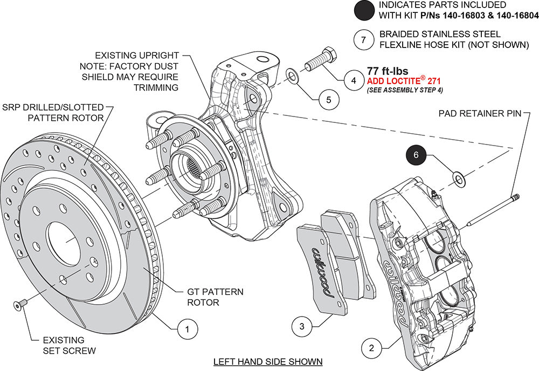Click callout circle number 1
(187, 328)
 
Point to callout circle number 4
(354, 80)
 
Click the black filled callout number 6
(416, 155)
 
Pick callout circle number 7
(364, 39)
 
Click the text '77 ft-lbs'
(386, 71)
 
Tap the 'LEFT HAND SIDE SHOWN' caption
(268, 361)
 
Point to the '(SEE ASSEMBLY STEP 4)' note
(405, 90)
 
